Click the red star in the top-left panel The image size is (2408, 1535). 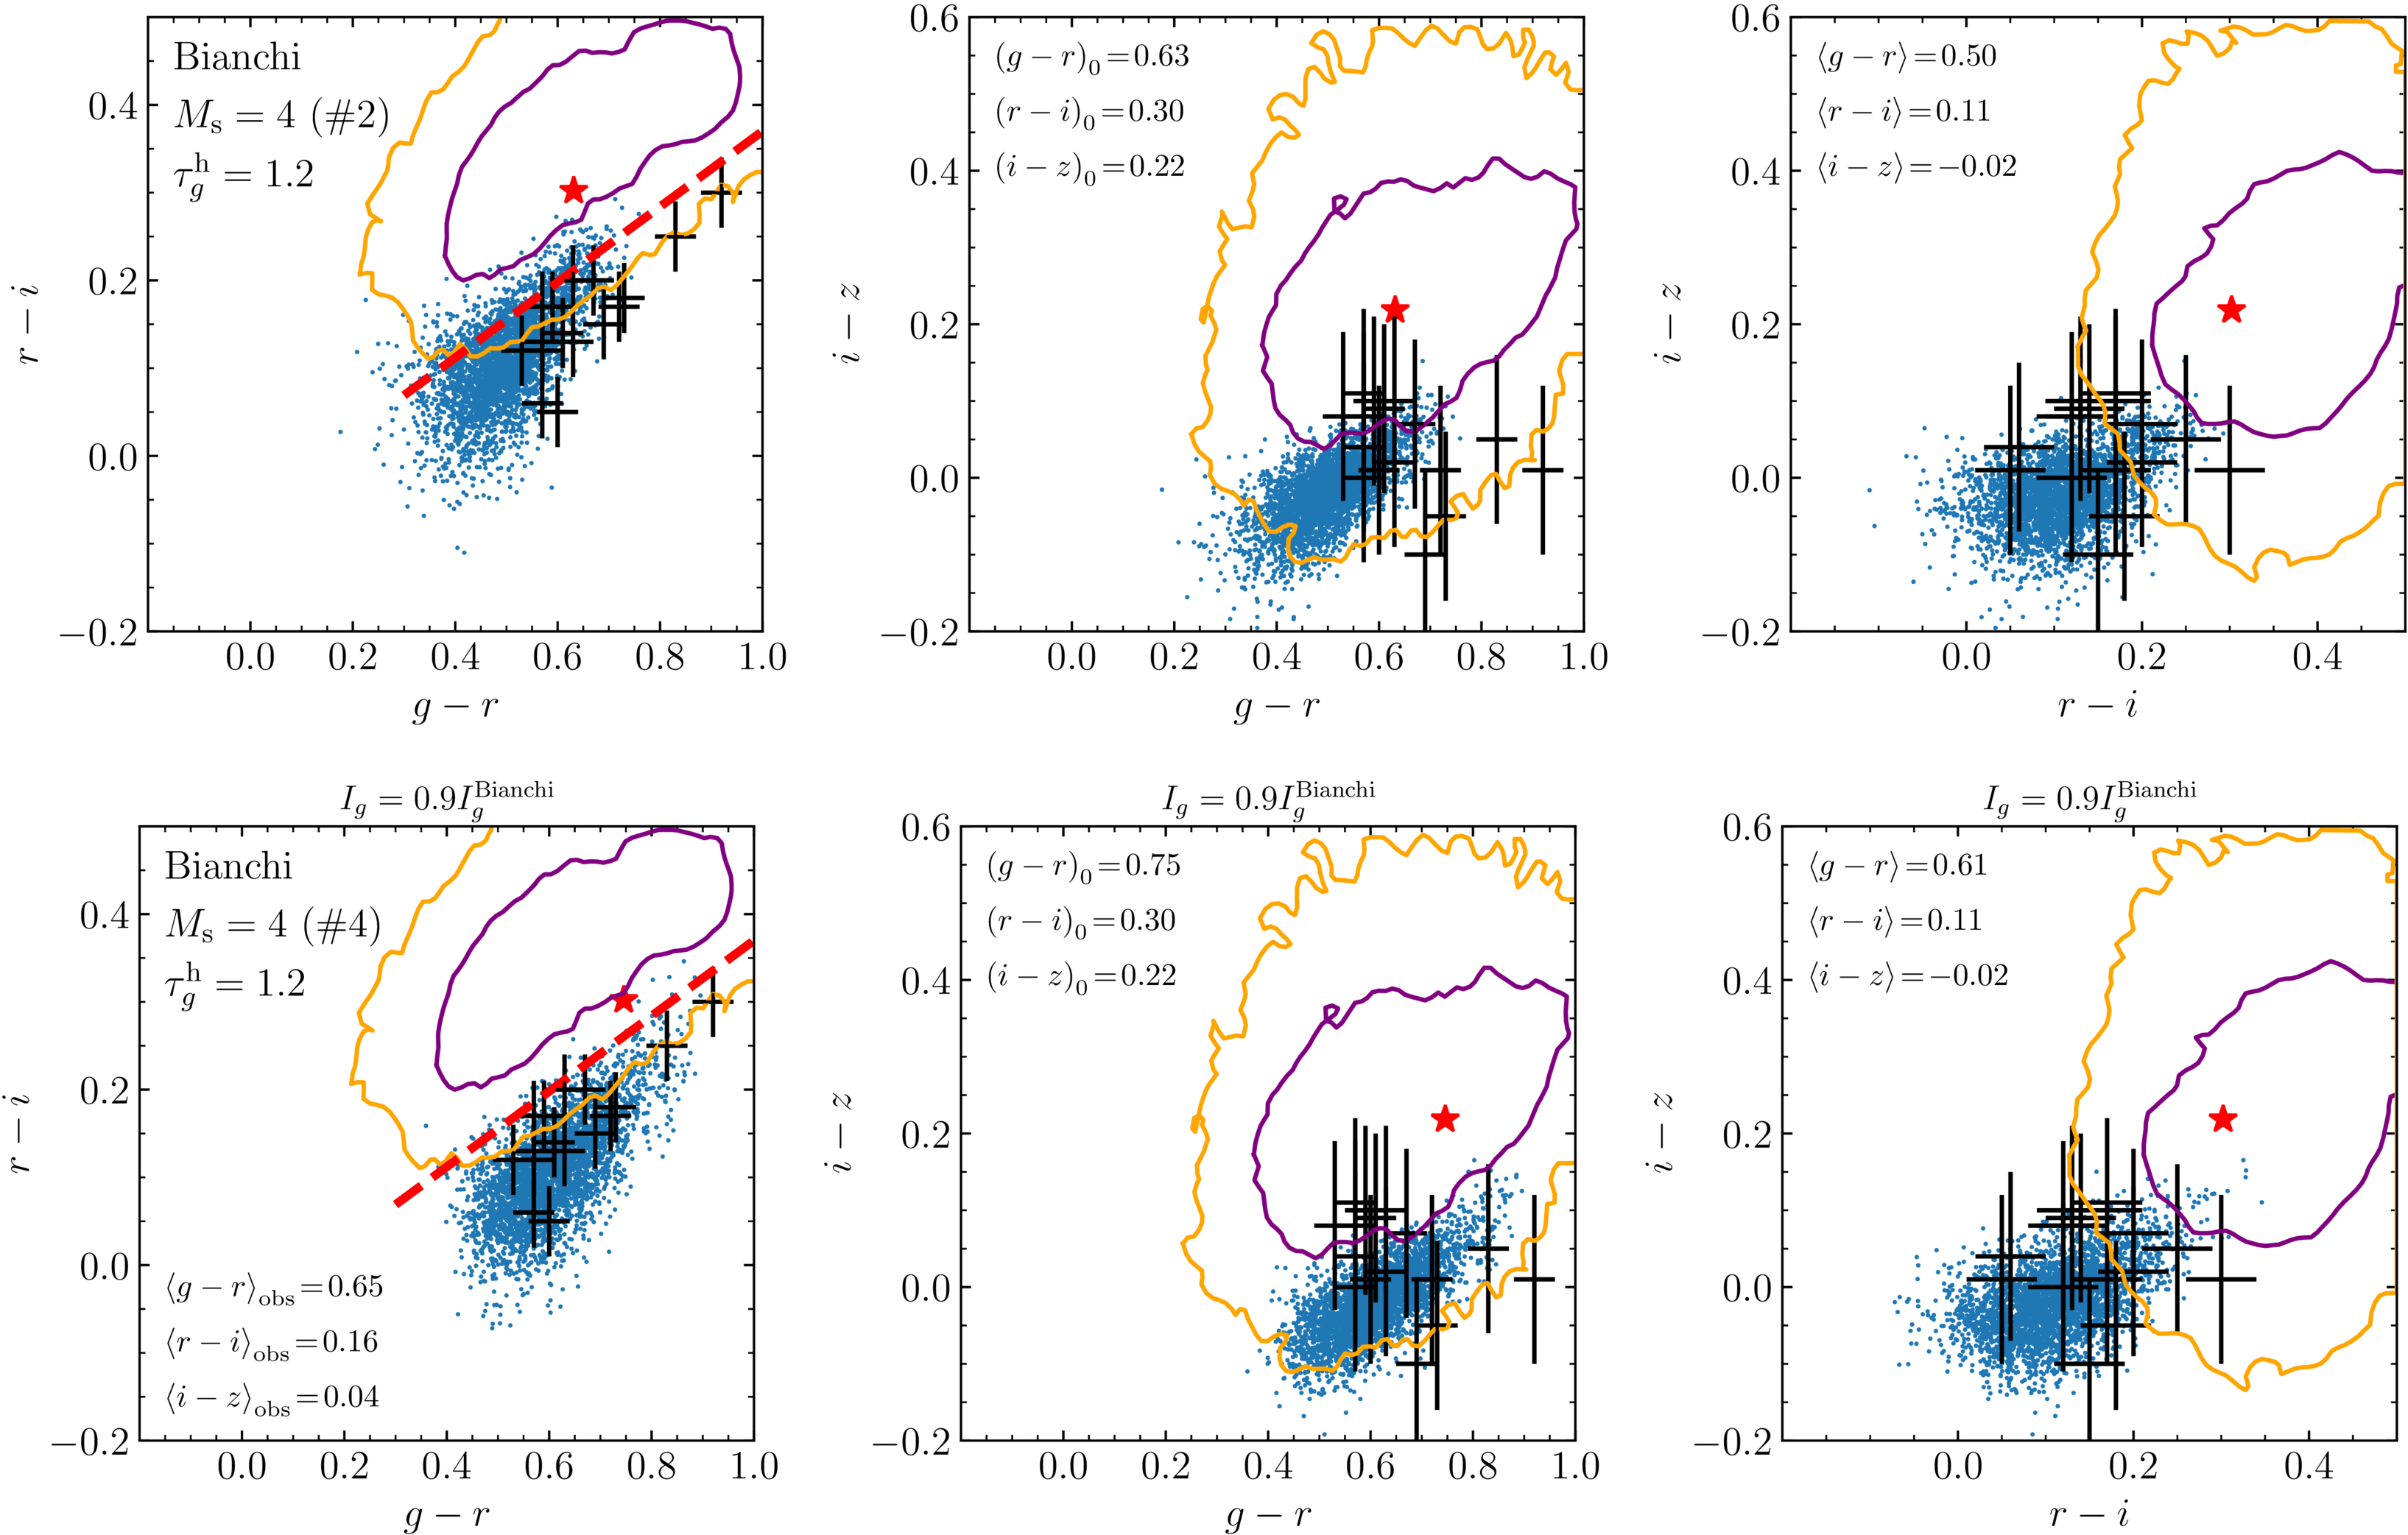tap(573, 191)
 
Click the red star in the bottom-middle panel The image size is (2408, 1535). tap(1444, 1119)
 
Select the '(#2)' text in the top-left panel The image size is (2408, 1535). tap(349, 117)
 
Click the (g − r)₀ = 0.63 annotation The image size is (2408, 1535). tap(1091, 57)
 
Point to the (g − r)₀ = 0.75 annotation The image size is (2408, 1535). tap(1083, 866)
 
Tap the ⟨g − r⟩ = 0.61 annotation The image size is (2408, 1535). tap(1897, 866)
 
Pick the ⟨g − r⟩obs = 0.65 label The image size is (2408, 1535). tap(274, 1288)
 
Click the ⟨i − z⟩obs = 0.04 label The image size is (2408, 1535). tap(272, 1399)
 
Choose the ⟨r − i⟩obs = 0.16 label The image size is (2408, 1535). tap(272, 1343)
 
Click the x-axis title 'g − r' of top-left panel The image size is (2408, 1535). tap(455, 707)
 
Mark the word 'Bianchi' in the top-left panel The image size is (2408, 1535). tap(237, 57)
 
